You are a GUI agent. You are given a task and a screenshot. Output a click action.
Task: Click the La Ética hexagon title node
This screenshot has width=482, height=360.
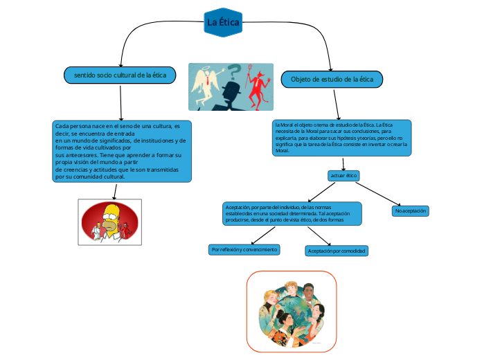click(224, 23)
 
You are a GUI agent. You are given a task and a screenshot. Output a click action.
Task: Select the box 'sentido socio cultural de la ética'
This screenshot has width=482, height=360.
click(120, 74)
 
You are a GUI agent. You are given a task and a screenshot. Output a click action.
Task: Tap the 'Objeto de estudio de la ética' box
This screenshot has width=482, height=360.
click(332, 80)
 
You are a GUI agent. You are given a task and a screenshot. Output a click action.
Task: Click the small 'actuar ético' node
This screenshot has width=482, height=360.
click(343, 176)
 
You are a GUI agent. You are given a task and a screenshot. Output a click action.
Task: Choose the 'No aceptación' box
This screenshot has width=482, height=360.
click(411, 210)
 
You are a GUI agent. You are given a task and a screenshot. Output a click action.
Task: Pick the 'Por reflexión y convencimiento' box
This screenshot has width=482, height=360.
click(244, 249)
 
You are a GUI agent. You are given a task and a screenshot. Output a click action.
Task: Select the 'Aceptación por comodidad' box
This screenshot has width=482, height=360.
click(337, 251)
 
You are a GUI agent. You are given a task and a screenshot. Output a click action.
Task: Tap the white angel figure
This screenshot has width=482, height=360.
click(206, 87)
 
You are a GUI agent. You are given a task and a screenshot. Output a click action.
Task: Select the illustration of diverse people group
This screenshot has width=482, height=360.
click(292, 311)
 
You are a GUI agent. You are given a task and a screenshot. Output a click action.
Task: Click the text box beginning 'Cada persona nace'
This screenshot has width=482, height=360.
click(122, 151)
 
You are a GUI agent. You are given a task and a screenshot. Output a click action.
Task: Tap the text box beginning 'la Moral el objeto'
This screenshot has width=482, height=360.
click(342, 137)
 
